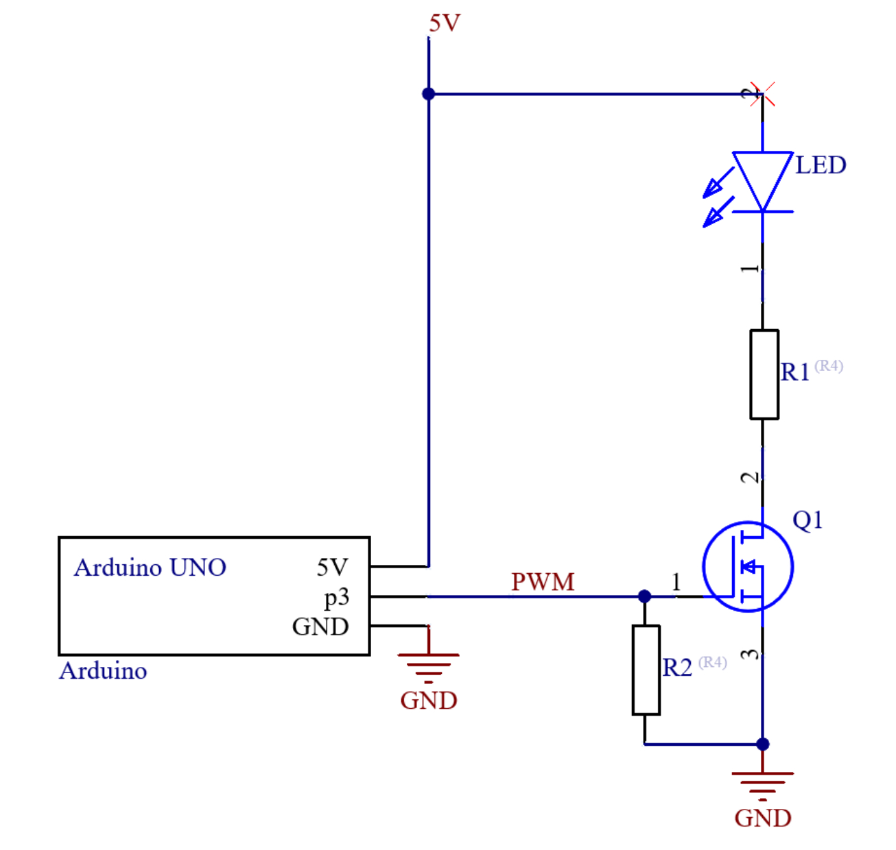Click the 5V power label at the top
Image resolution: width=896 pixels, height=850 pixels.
point(445,23)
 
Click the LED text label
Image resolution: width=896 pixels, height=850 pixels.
point(821,165)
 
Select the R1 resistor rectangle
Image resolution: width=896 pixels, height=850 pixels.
point(764,374)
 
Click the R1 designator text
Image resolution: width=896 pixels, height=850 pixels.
point(795,372)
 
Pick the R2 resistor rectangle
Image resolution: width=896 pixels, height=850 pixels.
point(646,670)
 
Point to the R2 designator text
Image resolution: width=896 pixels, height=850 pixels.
point(676,668)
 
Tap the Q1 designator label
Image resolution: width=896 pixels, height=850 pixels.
point(807,520)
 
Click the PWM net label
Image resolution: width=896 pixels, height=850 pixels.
point(543,582)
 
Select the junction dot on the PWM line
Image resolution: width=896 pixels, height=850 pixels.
point(644,596)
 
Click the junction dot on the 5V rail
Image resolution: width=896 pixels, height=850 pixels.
point(428,94)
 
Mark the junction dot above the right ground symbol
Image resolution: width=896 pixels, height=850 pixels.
point(762,744)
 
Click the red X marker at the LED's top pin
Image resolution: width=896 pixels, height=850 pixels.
point(762,95)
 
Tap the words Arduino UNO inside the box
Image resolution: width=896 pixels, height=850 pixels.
point(150,568)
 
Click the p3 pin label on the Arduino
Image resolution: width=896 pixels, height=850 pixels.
point(337,598)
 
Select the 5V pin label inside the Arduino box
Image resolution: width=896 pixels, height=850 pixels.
point(333,568)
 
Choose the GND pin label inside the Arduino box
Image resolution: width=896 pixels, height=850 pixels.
point(320,627)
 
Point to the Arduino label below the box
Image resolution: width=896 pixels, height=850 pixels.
point(103,671)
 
